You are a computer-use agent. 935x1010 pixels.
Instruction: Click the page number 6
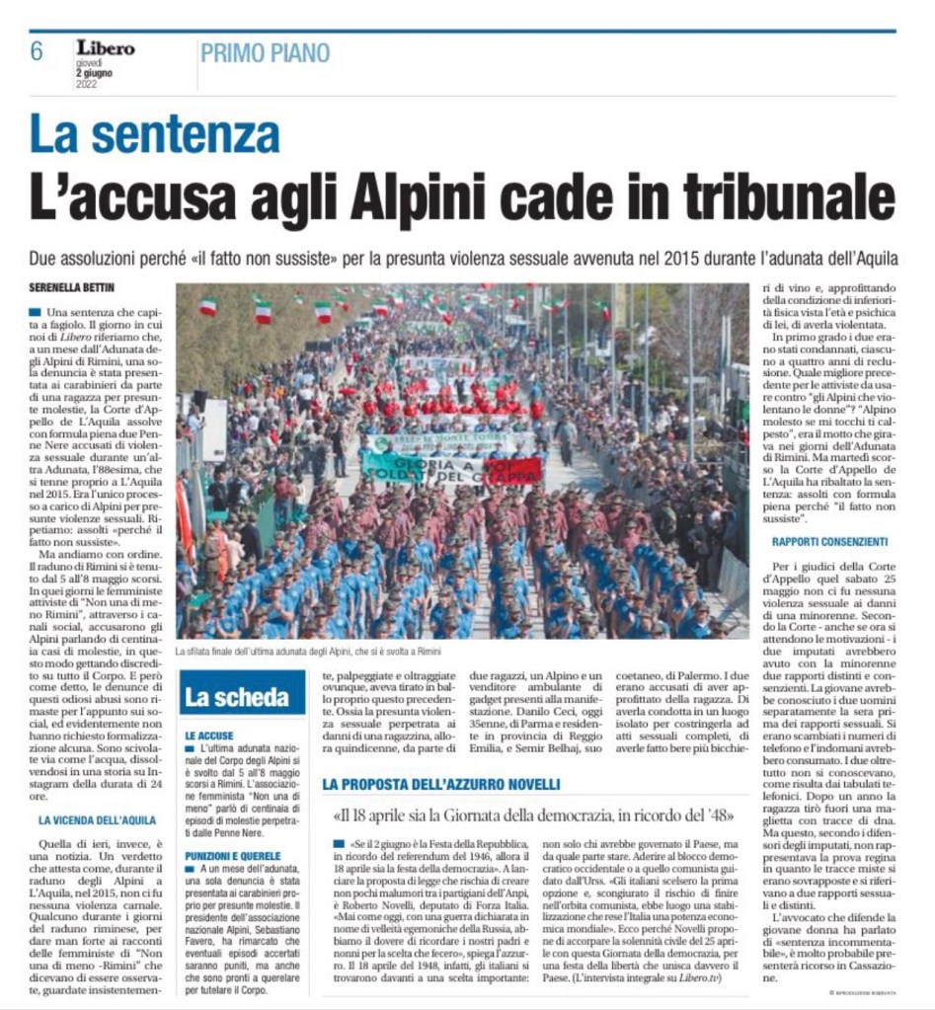[37, 51]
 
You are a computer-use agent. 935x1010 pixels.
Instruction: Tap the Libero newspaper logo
[106, 46]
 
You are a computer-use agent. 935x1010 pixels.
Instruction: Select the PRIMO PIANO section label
[265, 52]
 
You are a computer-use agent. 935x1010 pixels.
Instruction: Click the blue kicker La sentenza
[154, 134]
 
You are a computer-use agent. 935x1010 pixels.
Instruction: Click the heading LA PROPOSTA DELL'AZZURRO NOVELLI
[441, 784]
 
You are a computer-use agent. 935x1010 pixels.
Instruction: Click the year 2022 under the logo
[89, 85]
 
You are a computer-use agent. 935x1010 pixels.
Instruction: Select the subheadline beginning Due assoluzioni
[463, 258]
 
